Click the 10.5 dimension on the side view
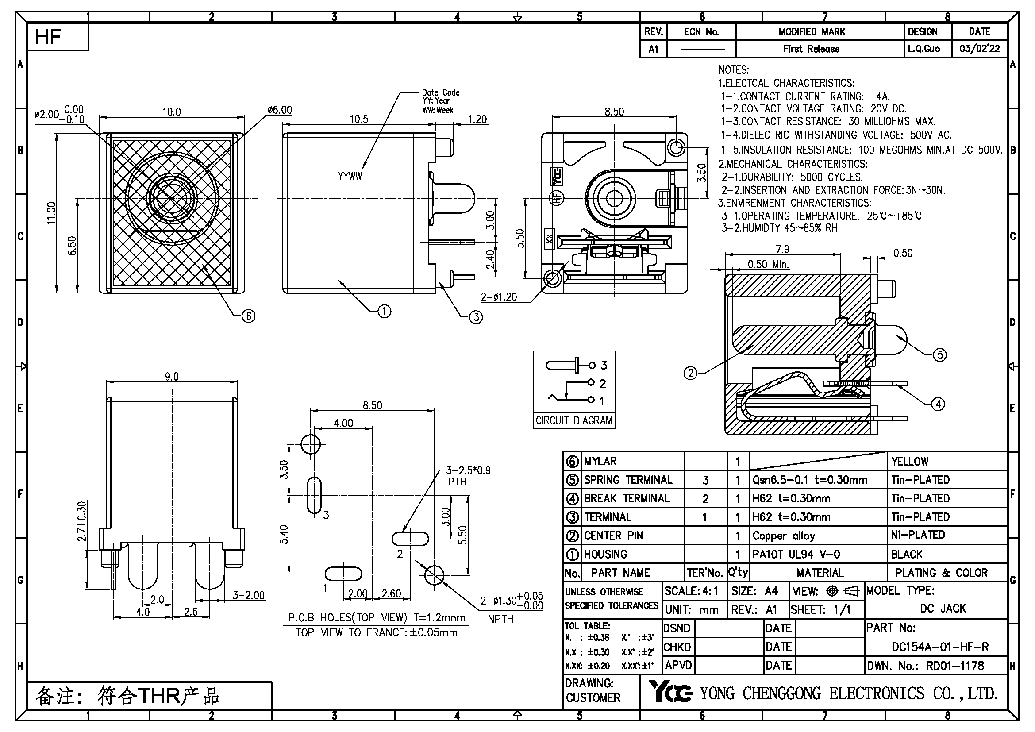(359, 119)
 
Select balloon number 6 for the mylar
(248, 316)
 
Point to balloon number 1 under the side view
(384, 311)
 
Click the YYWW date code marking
(350, 177)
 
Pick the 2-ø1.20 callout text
(499, 297)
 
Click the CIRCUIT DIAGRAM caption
(574, 420)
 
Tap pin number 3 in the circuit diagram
(604, 365)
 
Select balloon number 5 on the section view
(940, 355)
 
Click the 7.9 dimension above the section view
(783, 249)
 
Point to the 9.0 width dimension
(171, 376)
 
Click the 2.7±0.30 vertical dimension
(81, 521)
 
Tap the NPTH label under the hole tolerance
(500, 619)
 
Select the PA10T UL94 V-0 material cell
(796, 554)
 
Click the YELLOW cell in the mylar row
(910, 462)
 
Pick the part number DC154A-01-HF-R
(940, 647)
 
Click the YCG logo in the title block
(670, 692)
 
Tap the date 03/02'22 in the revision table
(979, 49)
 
